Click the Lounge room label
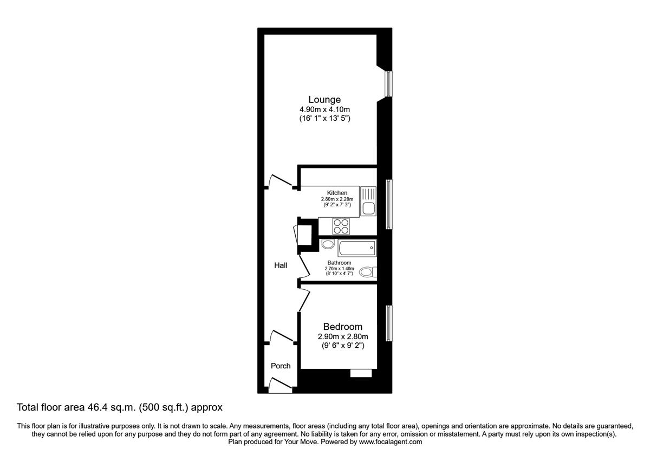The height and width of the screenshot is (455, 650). click(324, 100)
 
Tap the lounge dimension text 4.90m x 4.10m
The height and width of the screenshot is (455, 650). click(324, 109)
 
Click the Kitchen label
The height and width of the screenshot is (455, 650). click(337, 193)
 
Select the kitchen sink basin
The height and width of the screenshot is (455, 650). click(368, 208)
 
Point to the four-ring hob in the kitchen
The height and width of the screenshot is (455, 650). click(341, 226)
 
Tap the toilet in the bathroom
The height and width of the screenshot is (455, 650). click(367, 271)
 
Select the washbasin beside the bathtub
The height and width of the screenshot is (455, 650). click(328, 245)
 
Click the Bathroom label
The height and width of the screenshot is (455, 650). click(339, 263)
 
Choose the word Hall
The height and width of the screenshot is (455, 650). click(281, 265)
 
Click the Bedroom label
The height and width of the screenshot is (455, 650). click(342, 327)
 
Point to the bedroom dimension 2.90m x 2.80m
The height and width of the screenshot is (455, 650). click(342, 337)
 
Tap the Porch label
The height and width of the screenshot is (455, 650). click(281, 366)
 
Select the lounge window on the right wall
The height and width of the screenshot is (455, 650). click(388, 84)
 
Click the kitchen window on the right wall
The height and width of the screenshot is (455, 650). click(388, 205)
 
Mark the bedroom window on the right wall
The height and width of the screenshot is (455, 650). click(388, 323)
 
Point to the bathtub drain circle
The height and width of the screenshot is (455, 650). click(371, 248)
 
